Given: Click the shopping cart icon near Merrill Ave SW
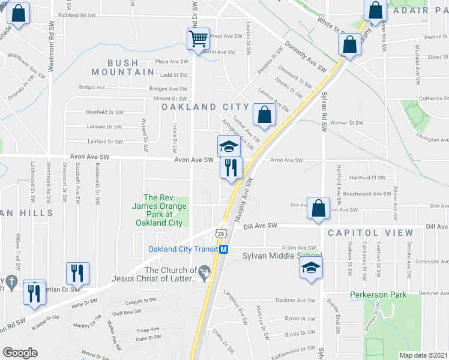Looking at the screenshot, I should point(198,39).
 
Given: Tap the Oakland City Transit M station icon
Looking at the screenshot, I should point(223,249).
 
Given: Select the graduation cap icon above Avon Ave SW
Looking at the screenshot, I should point(228,146).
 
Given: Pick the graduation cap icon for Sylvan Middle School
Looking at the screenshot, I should point(312,267).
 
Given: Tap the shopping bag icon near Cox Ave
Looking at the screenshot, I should point(319,208).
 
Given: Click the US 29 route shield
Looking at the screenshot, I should point(220,232).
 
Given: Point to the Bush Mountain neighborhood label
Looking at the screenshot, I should point(123,67).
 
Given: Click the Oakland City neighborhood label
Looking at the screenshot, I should point(204,106).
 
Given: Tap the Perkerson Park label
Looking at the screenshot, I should point(379,295).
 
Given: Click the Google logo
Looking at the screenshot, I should point(20,352).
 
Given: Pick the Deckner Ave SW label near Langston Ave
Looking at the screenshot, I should point(295,299).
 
